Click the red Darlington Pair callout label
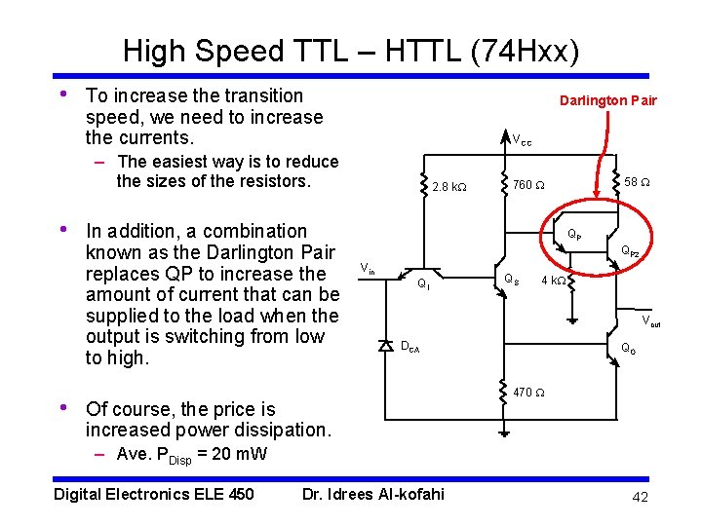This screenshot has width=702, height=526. [x=607, y=100]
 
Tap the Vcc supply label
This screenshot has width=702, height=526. [x=523, y=140]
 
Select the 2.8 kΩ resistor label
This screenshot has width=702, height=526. [x=453, y=186]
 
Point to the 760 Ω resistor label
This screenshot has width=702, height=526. [x=529, y=184]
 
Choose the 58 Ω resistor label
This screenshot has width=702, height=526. [x=638, y=182]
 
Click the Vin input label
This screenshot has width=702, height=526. [x=368, y=269]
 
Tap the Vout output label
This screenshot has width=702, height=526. [x=650, y=321]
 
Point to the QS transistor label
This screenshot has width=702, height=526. [x=511, y=280]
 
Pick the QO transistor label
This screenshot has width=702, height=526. [x=629, y=349]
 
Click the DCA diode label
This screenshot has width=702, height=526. [x=409, y=346]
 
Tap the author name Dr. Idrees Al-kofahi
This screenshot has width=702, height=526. [x=373, y=494]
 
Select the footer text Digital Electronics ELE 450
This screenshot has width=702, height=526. [x=154, y=494]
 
